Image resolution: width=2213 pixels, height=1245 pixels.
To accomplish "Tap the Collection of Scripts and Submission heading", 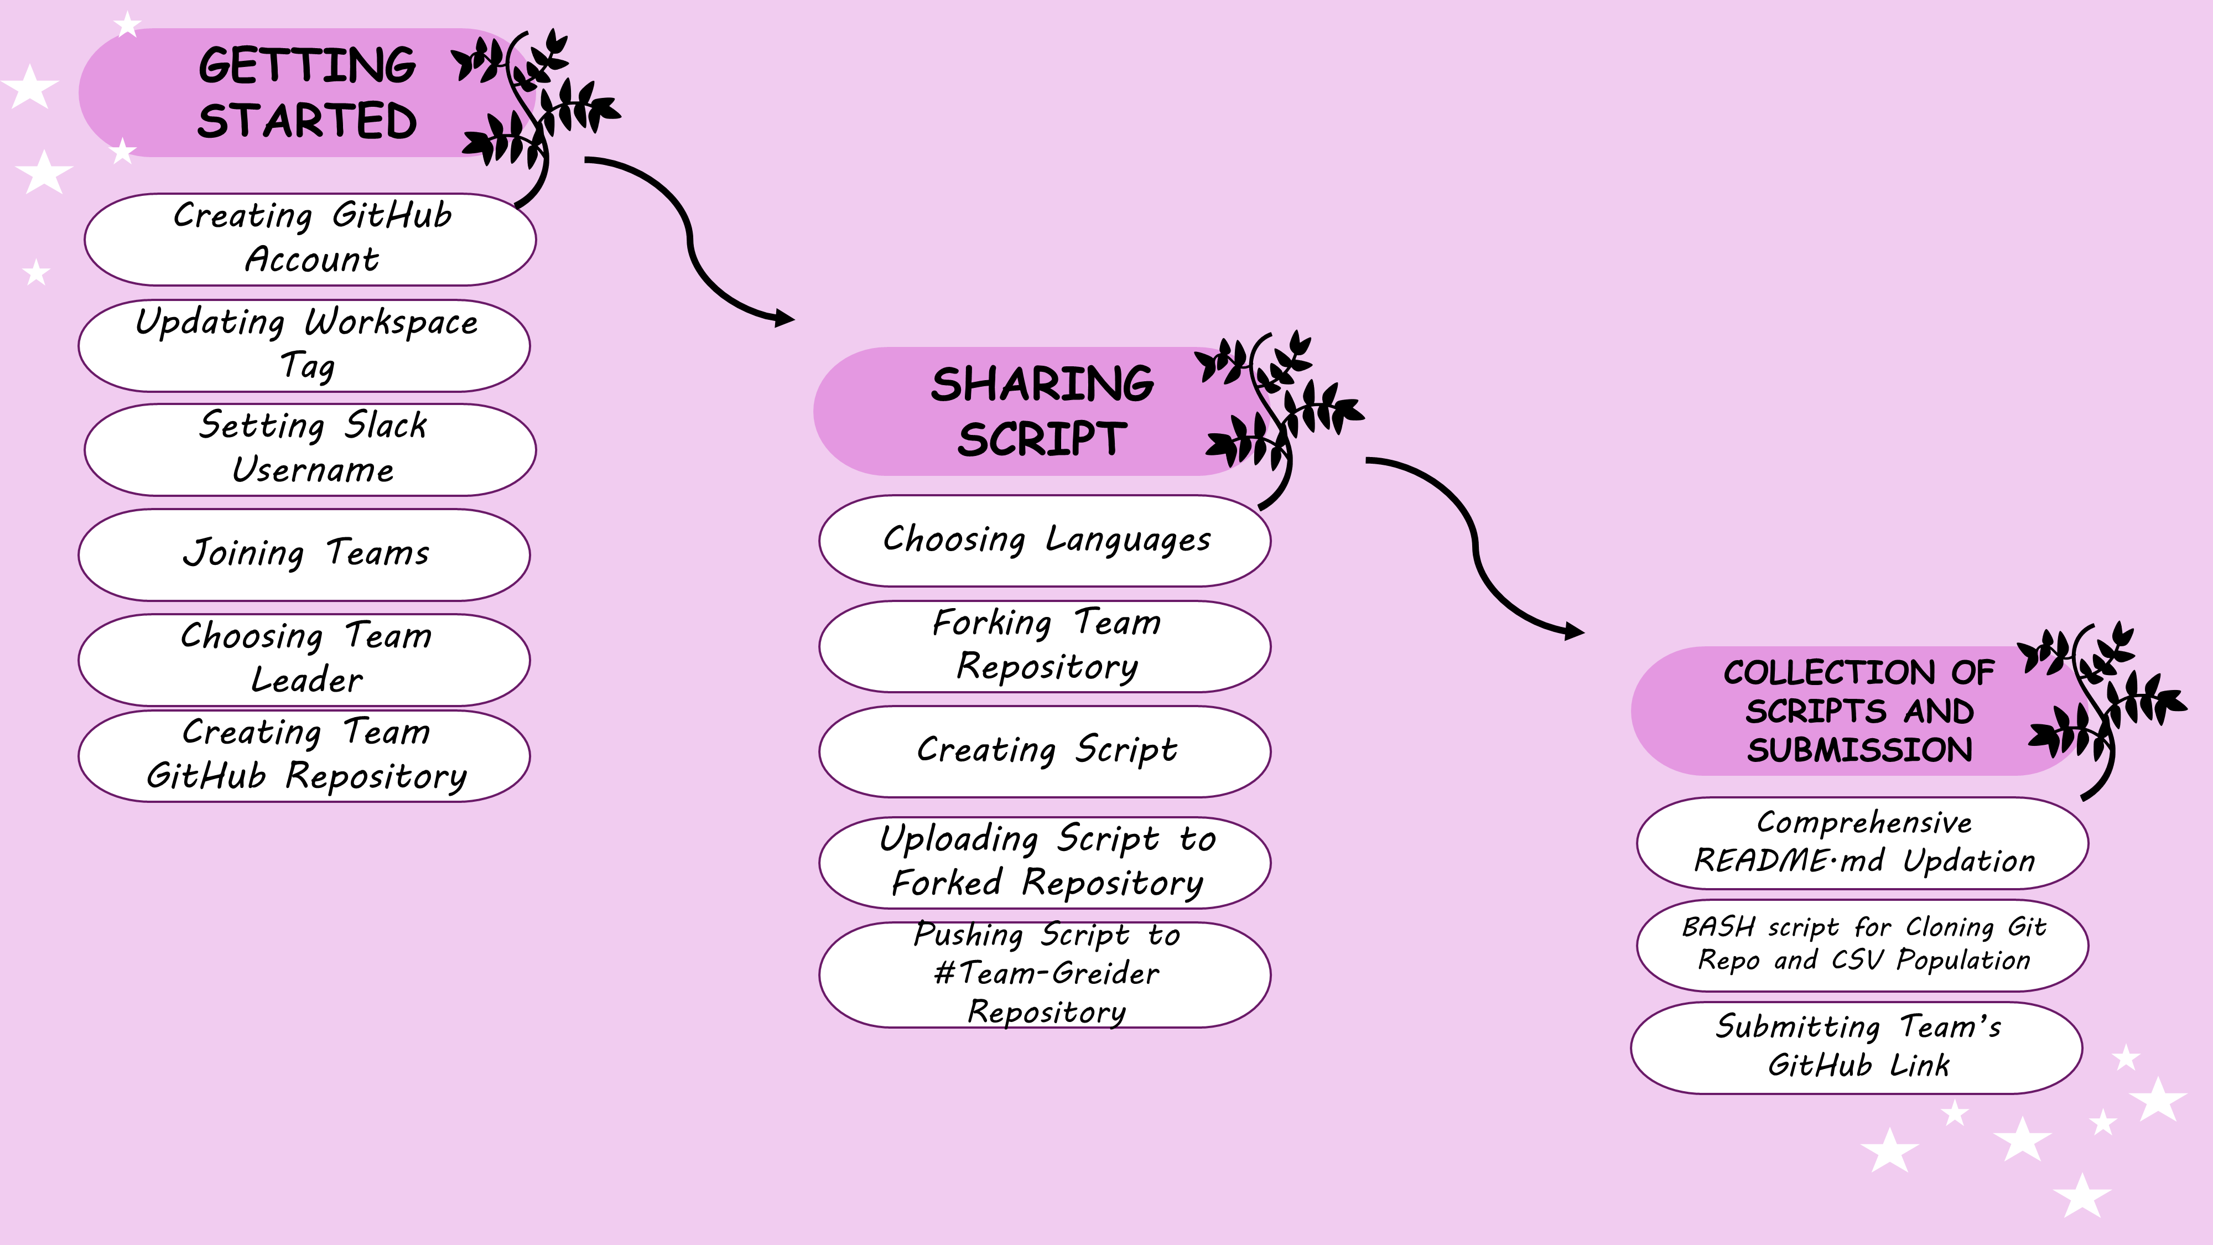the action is point(1859,710).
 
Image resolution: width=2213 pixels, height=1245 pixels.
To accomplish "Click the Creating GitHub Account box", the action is point(310,239).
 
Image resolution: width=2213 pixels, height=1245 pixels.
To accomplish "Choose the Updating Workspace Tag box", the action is point(304,345).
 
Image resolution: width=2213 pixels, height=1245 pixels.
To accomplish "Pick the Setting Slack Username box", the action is point(310,449).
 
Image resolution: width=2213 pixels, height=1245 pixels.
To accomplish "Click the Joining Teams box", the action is point(304,554).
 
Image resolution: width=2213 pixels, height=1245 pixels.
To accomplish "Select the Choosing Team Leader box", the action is point(304,659).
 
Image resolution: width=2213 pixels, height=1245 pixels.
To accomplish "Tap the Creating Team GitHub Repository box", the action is point(304,755).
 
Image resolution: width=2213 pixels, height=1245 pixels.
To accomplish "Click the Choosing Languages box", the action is point(1045,541).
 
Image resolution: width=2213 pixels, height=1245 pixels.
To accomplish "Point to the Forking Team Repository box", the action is point(1045,646).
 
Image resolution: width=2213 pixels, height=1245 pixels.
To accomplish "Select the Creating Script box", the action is point(1045,751).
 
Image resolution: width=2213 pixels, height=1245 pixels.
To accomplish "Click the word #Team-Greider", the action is point(1046,973).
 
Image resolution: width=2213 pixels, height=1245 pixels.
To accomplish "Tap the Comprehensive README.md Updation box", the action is point(1862,843).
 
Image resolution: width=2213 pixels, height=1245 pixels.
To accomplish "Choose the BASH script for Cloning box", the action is point(1862,945).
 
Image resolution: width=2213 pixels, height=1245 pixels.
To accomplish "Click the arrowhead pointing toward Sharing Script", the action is point(783,318).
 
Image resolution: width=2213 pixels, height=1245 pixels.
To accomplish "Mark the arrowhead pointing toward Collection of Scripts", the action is point(1574,631).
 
